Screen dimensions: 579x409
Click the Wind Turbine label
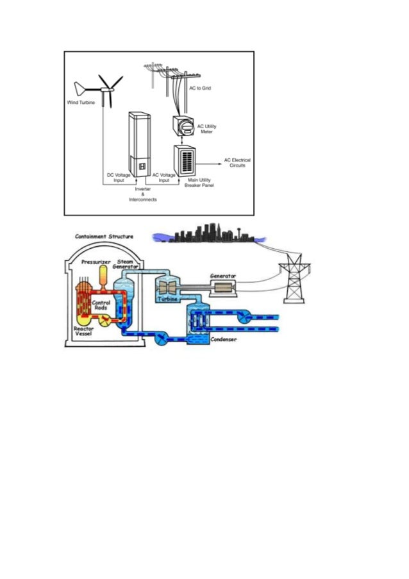click(x=81, y=102)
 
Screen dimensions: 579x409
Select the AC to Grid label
click(x=199, y=88)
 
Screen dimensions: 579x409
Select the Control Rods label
click(x=101, y=306)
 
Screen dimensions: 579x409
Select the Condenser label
click(x=224, y=339)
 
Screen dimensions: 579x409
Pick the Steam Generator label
click(x=125, y=265)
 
